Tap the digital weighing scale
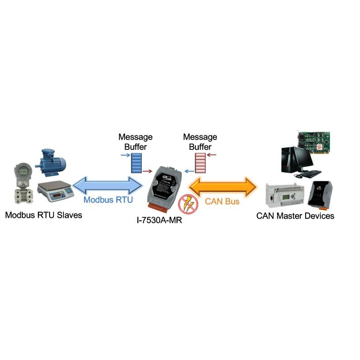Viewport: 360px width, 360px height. [x=55, y=192]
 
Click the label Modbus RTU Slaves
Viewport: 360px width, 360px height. [x=44, y=215]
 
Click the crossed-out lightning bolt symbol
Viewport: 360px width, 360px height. [x=186, y=203]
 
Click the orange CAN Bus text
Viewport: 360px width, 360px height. [x=222, y=201]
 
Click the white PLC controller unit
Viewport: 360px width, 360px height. [x=284, y=196]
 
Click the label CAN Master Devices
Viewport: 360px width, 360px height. [x=295, y=216]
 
